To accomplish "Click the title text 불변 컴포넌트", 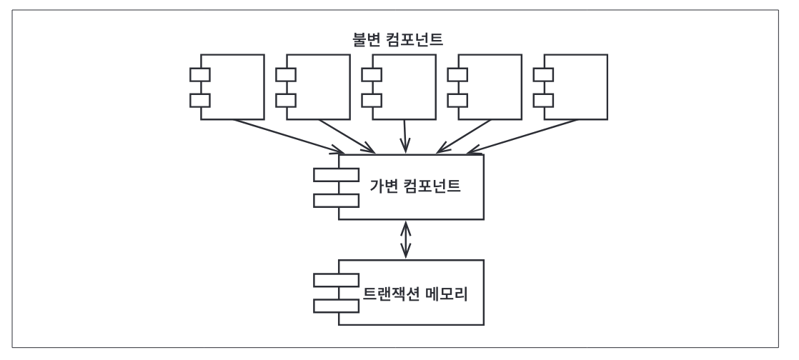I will [x=399, y=36].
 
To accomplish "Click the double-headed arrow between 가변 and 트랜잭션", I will [x=407, y=240].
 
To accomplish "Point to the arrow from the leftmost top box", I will [x=286, y=136].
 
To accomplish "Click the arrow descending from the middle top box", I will [x=406, y=136].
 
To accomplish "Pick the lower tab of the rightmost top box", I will [x=542, y=99].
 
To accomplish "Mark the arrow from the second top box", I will [x=347, y=136].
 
